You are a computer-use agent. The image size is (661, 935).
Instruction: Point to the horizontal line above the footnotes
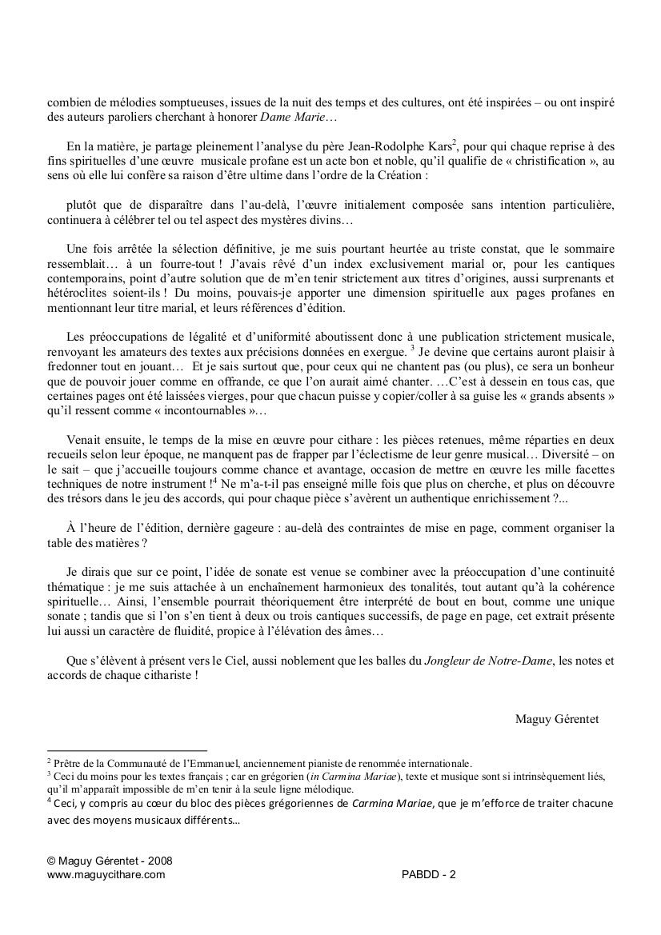point(127,751)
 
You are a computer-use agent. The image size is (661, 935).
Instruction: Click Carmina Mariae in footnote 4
point(392,804)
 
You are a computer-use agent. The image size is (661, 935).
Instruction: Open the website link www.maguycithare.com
point(106,875)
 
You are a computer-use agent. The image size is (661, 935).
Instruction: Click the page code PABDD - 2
point(429,875)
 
